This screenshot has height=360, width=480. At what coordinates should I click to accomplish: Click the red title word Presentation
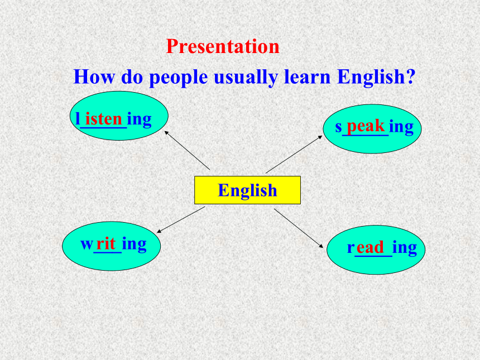(x=223, y=46)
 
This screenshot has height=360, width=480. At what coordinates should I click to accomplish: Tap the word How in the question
(x=94, y=76)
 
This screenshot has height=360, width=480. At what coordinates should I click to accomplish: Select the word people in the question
(x=179, y=78)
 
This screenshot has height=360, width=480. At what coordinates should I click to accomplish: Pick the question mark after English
(x=411, y=76)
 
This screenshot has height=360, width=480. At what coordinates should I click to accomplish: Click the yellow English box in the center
(x=247, y=190)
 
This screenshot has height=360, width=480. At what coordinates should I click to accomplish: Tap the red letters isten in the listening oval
(x=104, y=118)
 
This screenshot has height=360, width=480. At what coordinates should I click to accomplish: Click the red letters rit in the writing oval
(x=105, y=243)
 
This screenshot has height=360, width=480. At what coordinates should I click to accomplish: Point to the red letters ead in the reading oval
(x=370, y=247)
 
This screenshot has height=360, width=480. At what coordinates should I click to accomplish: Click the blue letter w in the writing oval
(x=87, y=244)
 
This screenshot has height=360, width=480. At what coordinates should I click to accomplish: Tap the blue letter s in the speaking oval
(x=338, y=127)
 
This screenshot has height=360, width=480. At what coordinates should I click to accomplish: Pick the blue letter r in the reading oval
(x=351, y=248)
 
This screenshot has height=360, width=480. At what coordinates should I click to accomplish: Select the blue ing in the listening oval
(x=140, y=119)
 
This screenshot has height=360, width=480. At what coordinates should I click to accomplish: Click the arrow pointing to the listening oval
(x=187, y=150)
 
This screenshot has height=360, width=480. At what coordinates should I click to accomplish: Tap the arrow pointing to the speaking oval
(x=294, y=154)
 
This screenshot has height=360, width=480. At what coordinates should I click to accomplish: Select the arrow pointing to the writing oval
(x=181, y=220)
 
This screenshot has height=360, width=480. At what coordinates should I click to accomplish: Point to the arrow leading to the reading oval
(x=299, y=228)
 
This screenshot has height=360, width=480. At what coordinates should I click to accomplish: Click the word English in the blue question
(x=371, y=78)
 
